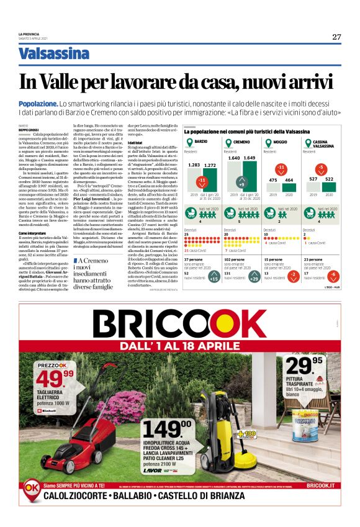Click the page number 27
[x=336, y=37]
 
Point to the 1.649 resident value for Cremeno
[x=249, y=158]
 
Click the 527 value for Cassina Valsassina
[x=313, y=179]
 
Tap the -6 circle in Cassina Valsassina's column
[x=333, y=274]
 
